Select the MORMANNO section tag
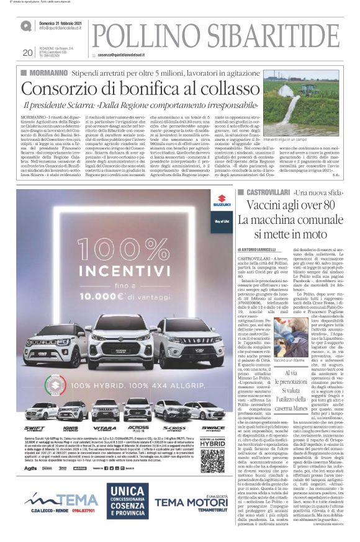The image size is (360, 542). click(x=43, y=73)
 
